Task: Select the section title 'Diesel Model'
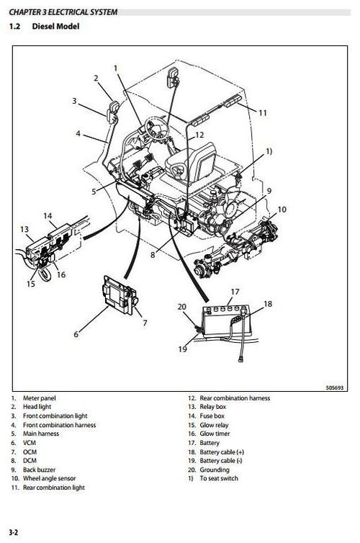pyautogui.click(x=53, y=27)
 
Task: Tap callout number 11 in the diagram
pyautogui.click(x=263, y=113)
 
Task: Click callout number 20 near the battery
pyautogui.click(x=181, y=307)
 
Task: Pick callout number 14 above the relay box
pyautogui.click(x=48, y=215)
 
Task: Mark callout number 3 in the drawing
pyautogui.click(x=73, y=101)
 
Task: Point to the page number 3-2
pyautogui.click(x=12, y=533)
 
